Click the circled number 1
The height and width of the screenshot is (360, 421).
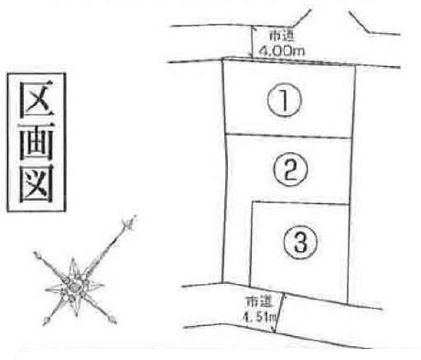click(x=285, y=100)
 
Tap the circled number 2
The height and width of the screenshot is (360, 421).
click(x=290, y=169)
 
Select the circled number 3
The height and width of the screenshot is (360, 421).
click(x=300, y=243)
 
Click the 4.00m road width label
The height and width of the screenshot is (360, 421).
click(x=282, y=49)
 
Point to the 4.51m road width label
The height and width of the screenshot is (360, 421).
click(x=259, y=317)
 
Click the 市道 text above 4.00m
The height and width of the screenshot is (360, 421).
click(x=282, y=36)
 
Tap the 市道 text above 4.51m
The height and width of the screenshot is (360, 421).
click(x=259, y=302)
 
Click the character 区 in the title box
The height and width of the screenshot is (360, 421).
click(x=37, y=99)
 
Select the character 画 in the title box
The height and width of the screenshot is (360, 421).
click(x=37, y=142)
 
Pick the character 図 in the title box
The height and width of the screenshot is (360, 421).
click(x=37, y=184)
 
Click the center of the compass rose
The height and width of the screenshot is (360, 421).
click(x=74, y=287)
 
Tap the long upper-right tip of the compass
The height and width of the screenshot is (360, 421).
click(x=135, y=217)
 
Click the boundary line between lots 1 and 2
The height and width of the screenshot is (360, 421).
click(x=288, y=136)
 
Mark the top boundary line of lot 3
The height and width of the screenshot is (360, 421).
click(x=300, y=202)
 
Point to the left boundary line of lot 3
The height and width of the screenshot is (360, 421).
click(x=251, y=244)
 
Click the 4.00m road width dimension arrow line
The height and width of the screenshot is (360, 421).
click(x=252, y=41)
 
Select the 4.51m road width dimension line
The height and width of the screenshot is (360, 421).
click(x=280, y=313)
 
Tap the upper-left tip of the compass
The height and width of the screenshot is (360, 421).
click(x=36, y=253)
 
